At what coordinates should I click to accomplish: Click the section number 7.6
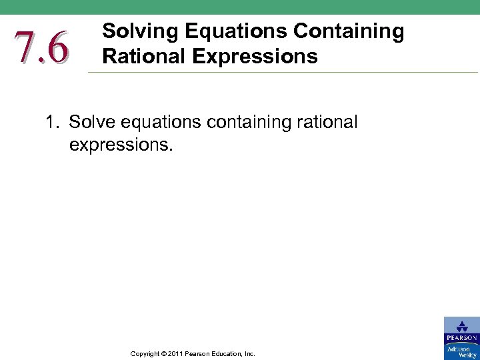coord(41,48)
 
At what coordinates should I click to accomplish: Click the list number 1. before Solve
coord(53,123)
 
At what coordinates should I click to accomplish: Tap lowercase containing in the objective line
coord(247,123)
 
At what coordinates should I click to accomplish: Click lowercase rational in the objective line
coord(325,123)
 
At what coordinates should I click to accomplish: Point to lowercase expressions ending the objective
coord(121,145)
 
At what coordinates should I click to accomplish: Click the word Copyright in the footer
coord(145,353)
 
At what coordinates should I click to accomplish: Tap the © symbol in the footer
coord(164,353)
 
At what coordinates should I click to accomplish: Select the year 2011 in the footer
coord(176,353)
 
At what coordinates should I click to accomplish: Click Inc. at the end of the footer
coord(249,353)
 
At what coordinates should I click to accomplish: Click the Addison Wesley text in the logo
coord(461,351)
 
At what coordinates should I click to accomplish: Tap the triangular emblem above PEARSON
coord(461,327)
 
